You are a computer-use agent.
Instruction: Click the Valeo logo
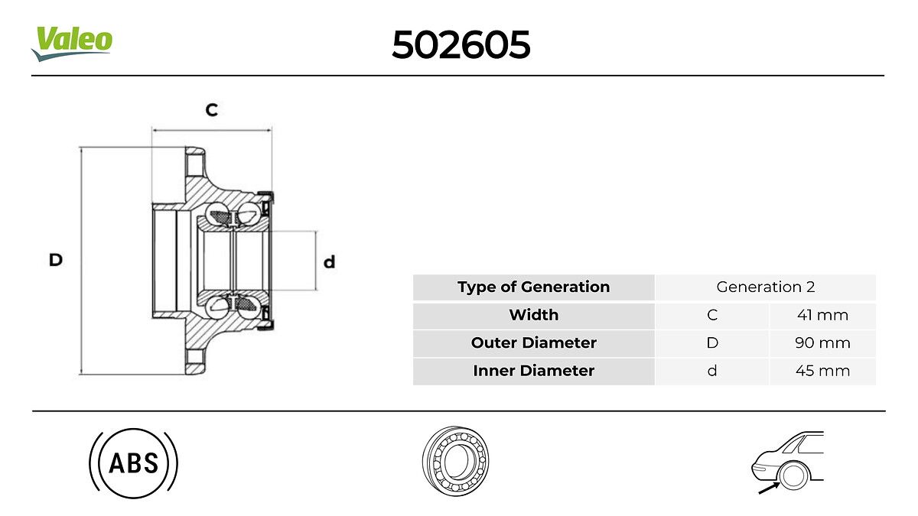click(72, 44)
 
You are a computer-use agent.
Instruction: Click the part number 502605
click(461, 44)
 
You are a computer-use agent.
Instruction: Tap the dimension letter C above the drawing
click(211, 110)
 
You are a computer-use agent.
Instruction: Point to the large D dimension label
click(56, 260)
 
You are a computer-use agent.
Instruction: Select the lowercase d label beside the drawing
click(329, 261)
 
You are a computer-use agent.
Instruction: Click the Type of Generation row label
click(534, 287)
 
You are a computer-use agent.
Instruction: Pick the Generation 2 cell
click(766, 287)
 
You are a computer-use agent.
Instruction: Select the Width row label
click(534, 315)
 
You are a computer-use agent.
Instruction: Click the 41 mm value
click(822, 315)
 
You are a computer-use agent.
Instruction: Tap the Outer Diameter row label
click(534, 342)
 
